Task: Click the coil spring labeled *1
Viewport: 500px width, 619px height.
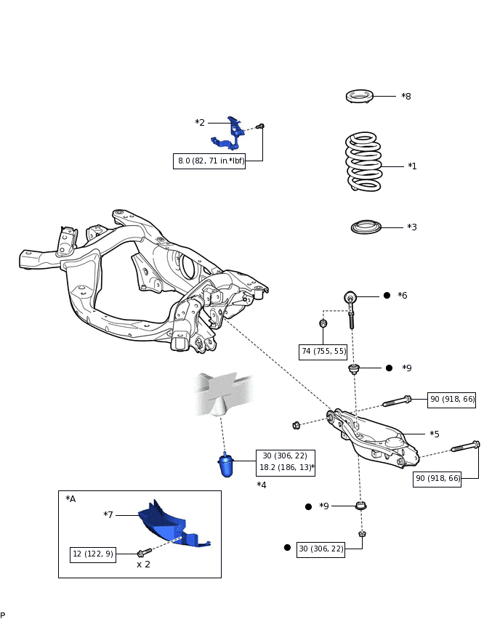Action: coord(364,162)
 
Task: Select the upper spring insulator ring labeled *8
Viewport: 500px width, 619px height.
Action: coord(360,97)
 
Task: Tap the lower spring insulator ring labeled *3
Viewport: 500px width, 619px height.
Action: coord(366,227)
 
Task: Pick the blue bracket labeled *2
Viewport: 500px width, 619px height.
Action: coord(228,134)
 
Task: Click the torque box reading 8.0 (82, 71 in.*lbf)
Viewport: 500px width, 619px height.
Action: coord(209,161)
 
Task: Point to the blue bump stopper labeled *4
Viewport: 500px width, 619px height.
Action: coord(226,465)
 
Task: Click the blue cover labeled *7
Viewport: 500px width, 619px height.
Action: coord(172,524)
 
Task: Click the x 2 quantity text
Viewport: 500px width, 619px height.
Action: coord(143,565)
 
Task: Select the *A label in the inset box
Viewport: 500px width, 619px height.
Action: coord(70,499)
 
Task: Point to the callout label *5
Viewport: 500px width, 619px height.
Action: coord(435,434)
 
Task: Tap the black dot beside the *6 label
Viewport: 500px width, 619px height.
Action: coord(387,295)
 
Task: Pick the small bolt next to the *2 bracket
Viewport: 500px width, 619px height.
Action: coord(260,126)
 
